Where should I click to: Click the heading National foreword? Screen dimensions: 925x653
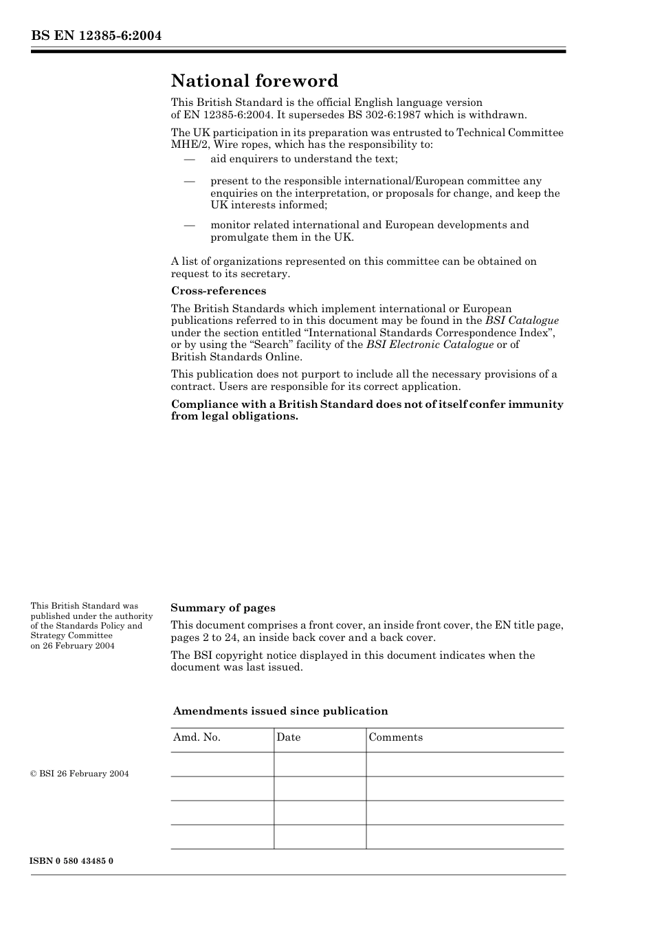coord(254,81)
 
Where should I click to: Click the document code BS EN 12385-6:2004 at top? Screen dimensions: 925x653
coord(96,36)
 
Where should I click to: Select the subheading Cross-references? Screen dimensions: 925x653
coord(219,291)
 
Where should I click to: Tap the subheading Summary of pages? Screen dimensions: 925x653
coord(223,608)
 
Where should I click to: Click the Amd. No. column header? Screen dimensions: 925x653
coord(197,737)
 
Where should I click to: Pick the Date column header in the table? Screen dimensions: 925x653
coord(289,737)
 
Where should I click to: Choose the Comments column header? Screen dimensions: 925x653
coord(396,737)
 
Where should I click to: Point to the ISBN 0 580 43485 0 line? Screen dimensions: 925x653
coord(72,861)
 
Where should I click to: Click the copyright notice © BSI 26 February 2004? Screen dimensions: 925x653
coord(80,774)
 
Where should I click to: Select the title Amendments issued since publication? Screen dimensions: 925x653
coord(280,711)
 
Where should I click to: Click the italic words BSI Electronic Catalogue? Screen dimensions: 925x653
coord(430,345)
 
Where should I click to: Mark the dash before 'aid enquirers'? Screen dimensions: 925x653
coord(190,160)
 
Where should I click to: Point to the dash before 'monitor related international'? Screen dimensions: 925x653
coord(190,226)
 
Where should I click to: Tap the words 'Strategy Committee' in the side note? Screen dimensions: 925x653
coord(71,635)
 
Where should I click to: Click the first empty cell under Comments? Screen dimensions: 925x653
coord(465,764)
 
